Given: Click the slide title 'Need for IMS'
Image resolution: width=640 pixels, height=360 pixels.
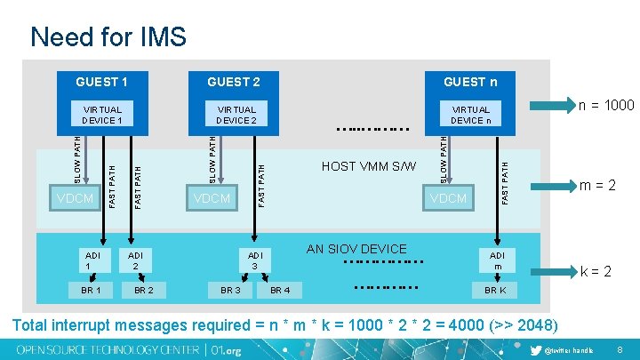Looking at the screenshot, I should coord(108,36).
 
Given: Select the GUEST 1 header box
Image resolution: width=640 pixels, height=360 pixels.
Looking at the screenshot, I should coord(101,82).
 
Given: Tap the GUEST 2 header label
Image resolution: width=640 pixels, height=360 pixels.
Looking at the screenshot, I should coord(234,82).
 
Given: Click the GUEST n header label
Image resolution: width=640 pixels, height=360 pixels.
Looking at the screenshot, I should coord(470,82).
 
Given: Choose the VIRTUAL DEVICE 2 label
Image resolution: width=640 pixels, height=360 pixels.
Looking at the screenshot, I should coord(236,115).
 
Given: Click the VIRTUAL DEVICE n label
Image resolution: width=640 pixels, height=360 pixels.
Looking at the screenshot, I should coord(469,115).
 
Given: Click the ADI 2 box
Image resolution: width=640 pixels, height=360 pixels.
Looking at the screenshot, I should coord(135,260).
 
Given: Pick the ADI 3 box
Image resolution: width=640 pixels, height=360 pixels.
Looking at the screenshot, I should coord(253,260).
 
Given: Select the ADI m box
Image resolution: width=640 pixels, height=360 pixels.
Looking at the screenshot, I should coord(497,260).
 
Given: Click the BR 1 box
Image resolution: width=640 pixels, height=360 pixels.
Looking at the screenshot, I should coord(90,290).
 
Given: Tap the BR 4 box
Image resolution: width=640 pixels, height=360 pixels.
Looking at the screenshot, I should coord(279,290).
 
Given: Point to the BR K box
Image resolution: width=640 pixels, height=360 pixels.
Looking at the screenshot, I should coord(495,290).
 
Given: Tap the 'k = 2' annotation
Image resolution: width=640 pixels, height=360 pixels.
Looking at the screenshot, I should coord(595,271).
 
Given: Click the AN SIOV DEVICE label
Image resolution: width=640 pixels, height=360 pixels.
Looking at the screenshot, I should coord(356,249).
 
